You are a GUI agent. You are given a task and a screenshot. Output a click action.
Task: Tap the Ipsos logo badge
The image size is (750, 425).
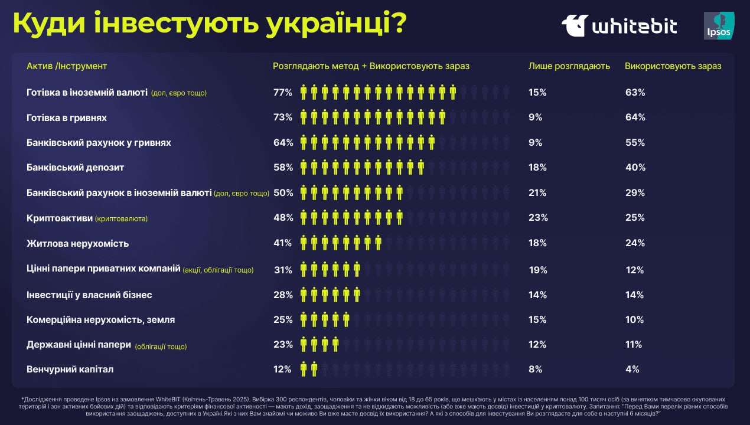pos(719,26)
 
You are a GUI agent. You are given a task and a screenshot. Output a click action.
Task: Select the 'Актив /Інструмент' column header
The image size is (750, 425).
pos(67,66)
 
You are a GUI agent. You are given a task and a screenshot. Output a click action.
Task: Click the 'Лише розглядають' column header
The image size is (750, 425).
pos(569,66)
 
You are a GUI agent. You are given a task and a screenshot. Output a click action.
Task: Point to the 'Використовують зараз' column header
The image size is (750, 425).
pos(673,66)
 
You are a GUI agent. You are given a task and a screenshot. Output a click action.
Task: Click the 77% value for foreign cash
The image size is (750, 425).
pos(282,93)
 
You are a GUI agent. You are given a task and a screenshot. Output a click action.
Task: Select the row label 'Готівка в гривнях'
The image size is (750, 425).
pos(67,117)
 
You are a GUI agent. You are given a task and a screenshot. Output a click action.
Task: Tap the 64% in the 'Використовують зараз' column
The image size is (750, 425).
pos(635,117)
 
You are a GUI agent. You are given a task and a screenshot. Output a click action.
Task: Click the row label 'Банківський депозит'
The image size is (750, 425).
pos(76,168)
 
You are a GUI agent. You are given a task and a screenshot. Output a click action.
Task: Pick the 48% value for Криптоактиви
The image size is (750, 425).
pos(283,218)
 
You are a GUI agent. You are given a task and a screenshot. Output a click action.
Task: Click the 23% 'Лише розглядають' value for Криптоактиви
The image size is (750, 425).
pos(538,218)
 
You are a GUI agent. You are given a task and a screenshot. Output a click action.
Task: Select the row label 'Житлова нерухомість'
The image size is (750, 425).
pos(77,243)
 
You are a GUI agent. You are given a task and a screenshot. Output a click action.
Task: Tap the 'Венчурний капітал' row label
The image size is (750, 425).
pos(70,370)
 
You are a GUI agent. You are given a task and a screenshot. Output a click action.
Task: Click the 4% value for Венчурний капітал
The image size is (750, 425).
pos(632,370)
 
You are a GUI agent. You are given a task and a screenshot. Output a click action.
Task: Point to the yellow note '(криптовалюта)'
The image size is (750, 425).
pos(122,219)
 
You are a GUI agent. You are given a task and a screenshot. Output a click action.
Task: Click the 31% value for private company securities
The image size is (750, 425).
pos(283,270)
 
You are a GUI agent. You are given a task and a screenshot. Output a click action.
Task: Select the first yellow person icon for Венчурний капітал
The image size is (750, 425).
pos(304,370)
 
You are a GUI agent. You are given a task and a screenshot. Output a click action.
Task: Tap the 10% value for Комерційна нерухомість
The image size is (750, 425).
pos(634,320)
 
